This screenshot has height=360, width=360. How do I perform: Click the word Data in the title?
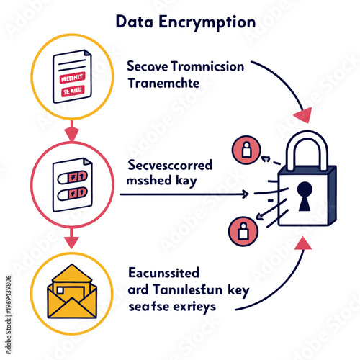[x=132, y=22]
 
